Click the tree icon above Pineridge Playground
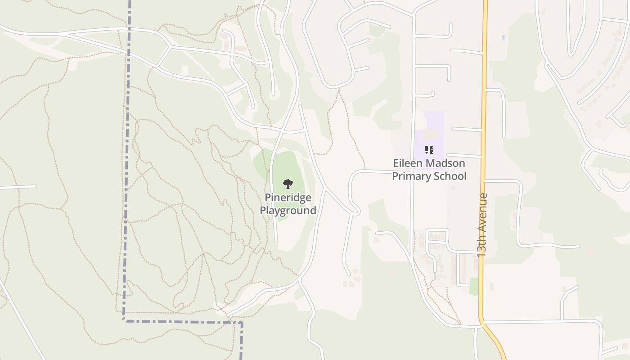[288, 184]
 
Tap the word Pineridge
[288, 198]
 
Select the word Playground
[288, 210]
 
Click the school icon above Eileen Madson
[429, 149]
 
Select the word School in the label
[450, 176]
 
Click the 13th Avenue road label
[482, 225]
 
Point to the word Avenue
[482, 211]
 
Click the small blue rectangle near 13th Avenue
[503, 37]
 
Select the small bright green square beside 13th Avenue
[474, 287]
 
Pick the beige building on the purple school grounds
[431, 134]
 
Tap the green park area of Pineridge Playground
[288, 166]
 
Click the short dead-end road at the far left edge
[18, 187]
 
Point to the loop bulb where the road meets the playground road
[355, 210]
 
